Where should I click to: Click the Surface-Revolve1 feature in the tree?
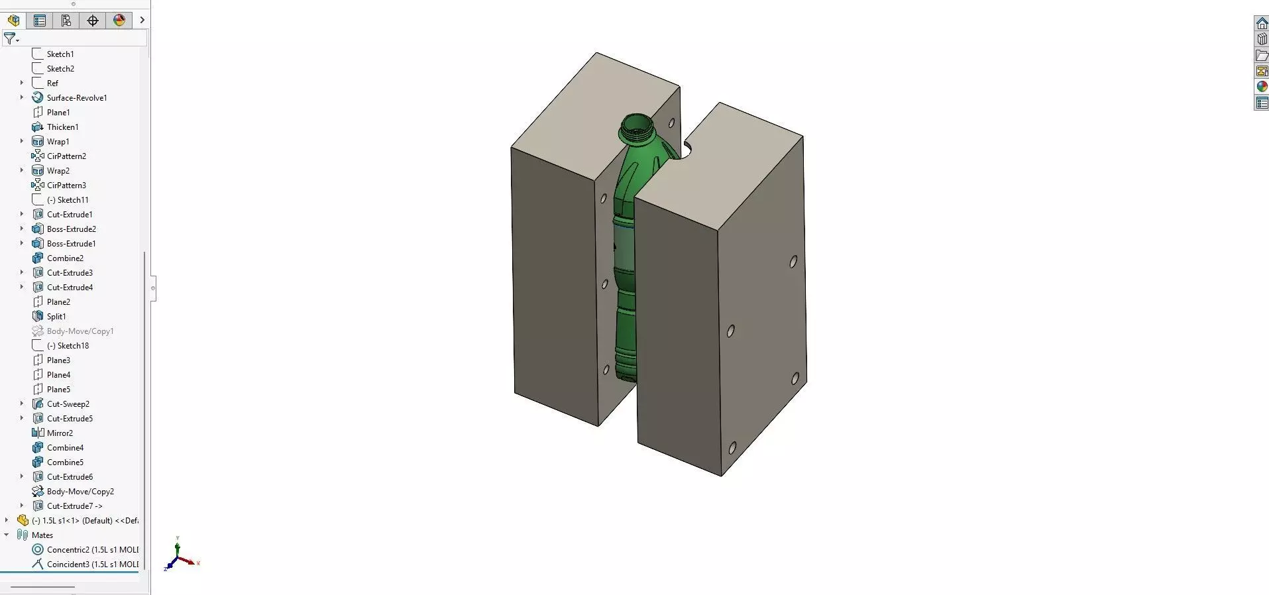point(76,98)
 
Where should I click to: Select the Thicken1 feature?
point(62,127)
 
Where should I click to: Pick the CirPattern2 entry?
point(66,156)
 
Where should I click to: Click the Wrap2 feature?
point(58,171)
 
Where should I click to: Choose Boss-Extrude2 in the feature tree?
point(71,229)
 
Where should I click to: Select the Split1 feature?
point(56,317)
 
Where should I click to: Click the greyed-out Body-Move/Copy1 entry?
point(80,331)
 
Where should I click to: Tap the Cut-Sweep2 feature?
point(68,404)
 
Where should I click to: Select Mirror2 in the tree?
point(60,433)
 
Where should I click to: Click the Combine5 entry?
point(65,462)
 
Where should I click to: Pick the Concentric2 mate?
point(92,550)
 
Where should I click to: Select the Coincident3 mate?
point(92,565)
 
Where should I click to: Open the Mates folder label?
point(42,535)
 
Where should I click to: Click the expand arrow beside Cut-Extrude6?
point(22,477)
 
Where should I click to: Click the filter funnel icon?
point(10,38)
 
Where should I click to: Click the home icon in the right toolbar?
point(1262,24)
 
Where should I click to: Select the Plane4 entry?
point(58,375)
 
